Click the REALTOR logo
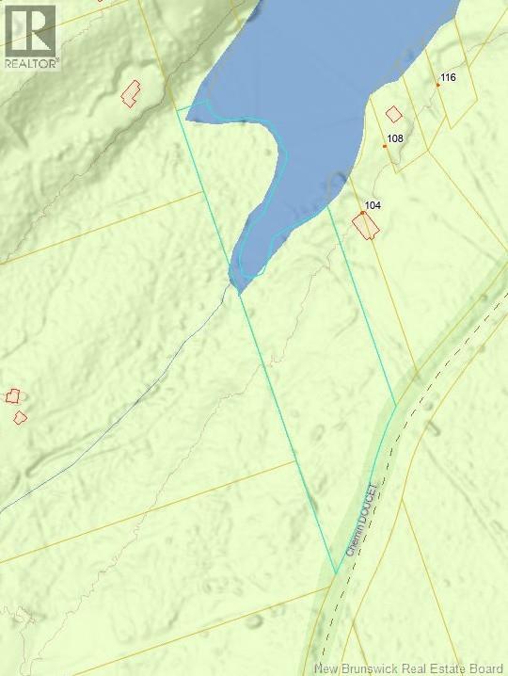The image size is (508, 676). click(30, 35)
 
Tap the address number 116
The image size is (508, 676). click(448, 77)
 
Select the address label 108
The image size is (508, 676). click(395, 138)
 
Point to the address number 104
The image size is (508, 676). click(373, 204)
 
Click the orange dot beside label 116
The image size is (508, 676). click(437, 85)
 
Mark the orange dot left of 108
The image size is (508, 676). click(385, 145)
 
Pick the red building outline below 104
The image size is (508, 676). click(365, 226)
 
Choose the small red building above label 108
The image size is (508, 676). click(394, 114)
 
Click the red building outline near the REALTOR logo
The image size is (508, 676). click(130, 91)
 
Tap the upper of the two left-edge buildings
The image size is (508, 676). click(12, 396)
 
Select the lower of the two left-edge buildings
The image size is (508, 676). click(20, 417)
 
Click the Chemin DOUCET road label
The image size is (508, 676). click(361, 519)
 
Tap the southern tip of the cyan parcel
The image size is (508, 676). click(336, 572)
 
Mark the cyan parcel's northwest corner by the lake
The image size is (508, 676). click(178, 109)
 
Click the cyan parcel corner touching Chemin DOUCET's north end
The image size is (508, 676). click(395, 406)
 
